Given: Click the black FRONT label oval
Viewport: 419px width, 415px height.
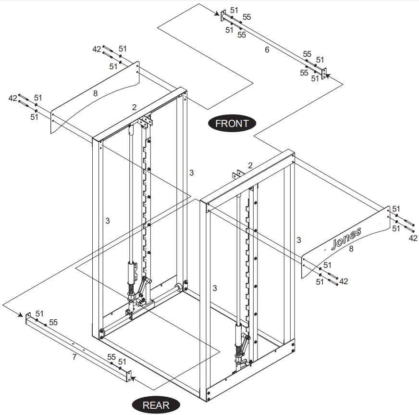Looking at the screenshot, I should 232,123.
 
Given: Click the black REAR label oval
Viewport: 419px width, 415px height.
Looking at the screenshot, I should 156,405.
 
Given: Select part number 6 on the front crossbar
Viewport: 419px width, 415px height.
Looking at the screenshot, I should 267,50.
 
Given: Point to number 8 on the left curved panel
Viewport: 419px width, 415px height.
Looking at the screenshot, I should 95,94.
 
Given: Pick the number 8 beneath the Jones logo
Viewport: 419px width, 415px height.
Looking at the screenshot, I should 351,249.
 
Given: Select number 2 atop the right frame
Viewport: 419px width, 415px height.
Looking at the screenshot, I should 250,165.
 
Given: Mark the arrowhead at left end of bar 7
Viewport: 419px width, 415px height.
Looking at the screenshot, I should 22,315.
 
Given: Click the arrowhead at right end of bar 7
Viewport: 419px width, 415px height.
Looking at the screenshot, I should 134,378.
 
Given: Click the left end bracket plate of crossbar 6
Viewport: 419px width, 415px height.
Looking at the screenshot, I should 223,15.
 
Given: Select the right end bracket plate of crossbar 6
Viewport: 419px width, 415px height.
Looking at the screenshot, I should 324,73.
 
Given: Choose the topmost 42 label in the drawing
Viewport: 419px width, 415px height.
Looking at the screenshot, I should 97,49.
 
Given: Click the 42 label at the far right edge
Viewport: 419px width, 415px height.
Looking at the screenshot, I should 413,238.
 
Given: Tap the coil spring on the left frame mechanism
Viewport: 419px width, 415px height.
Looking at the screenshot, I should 131,290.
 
